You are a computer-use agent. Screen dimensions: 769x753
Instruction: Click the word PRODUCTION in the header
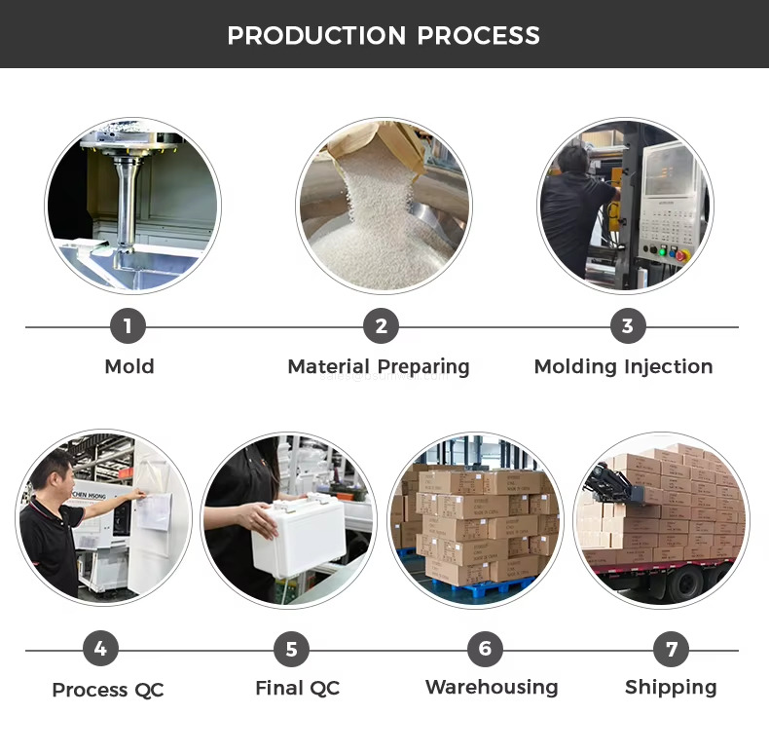point(316,35)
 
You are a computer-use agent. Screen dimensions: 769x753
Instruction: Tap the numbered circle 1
point(128,326)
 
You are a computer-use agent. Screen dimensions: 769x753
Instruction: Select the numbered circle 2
point(381,326)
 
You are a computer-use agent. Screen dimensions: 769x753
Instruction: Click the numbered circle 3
point(628,326)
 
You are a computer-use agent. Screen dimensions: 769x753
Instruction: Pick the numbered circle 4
point(100,649)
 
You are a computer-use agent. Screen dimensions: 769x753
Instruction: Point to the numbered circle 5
point(291,649)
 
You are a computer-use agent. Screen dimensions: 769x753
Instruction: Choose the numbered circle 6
point(485,649)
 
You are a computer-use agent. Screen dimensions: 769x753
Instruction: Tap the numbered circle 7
point(671,649)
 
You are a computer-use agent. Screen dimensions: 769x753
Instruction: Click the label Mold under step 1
point(129,366)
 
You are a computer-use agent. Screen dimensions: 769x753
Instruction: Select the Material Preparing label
point(379,367)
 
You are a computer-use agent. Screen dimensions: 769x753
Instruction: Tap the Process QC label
point(108,690)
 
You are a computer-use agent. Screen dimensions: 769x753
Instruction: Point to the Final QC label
point(298,688)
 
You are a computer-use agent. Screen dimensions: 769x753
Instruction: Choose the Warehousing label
point(492,688)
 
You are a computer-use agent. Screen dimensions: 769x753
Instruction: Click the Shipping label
point(671,688)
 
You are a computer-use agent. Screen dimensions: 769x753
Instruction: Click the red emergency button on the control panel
point(681,255)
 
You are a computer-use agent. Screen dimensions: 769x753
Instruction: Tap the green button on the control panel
point(663,252)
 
